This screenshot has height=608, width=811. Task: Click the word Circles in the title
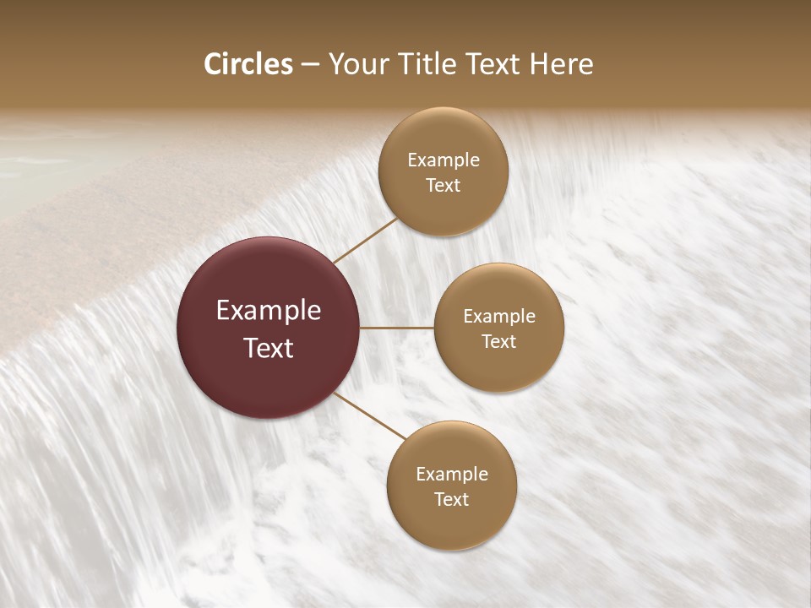click(248, 64)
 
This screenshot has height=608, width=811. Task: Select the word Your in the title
click(356, 64)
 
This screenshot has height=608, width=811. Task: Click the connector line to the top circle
click(367, 240)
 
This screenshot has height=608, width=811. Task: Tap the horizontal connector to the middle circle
click(396, 327)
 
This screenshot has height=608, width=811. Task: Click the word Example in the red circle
click(269, 311)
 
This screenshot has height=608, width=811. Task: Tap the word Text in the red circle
click(269, 348)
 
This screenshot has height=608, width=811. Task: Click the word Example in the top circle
click(444, 160)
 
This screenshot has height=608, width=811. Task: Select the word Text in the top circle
click(443, 185)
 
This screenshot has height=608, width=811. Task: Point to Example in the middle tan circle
click(499, 317)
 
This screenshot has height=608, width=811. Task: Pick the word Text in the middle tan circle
click(498, 341)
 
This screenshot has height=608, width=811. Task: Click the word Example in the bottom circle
click(452, 475)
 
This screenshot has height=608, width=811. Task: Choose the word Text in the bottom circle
click(451, 499)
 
